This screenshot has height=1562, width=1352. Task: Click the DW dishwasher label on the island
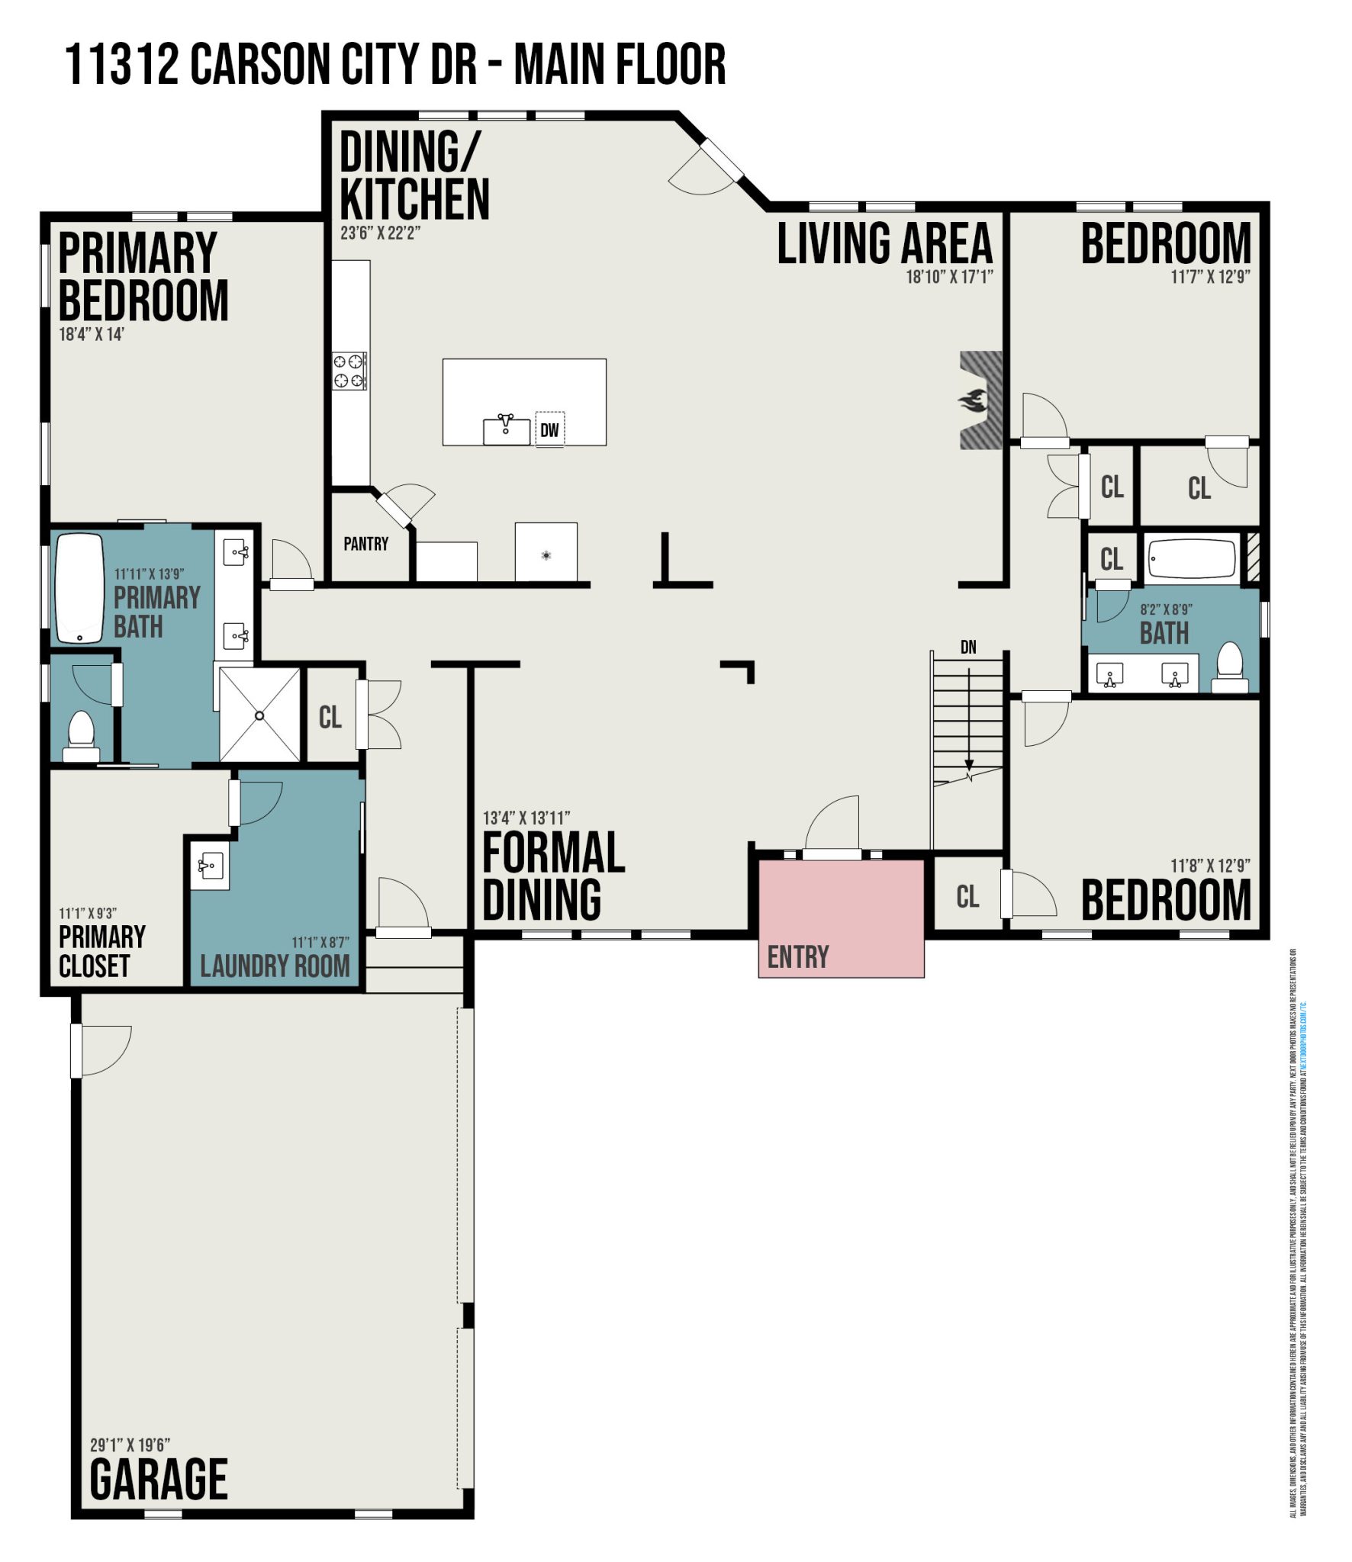pos(549,430)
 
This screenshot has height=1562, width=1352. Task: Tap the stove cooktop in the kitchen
pos(349,371)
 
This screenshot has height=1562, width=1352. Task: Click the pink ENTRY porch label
pos(797,956)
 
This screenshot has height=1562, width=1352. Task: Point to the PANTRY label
pos(365,544)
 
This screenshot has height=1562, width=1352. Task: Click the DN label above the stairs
pos(968,648)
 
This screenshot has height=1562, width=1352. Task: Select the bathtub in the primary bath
pos(79,589)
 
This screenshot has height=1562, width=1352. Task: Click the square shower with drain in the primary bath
pos(259,715)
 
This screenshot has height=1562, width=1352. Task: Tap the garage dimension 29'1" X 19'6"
pos(130,1445)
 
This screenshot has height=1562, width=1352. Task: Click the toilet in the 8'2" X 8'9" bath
pos(1230,668)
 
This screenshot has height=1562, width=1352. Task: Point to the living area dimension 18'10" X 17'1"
pos(949,277)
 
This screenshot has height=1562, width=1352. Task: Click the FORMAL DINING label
pos(552,876)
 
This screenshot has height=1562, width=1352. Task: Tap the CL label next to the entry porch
pos(967,896)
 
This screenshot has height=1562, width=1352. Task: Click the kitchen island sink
pos(506,430)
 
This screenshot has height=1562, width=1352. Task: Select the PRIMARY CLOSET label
pos(101,951)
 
